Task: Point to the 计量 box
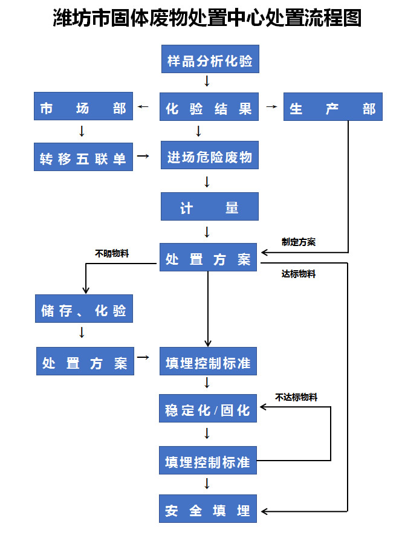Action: [209, 207]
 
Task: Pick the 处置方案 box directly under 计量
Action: [209, 258]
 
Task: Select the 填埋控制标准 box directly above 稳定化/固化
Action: [208, 362]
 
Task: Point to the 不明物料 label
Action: [112, 254]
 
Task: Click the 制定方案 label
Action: [298, 242]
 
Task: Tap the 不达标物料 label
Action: [296, 397]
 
